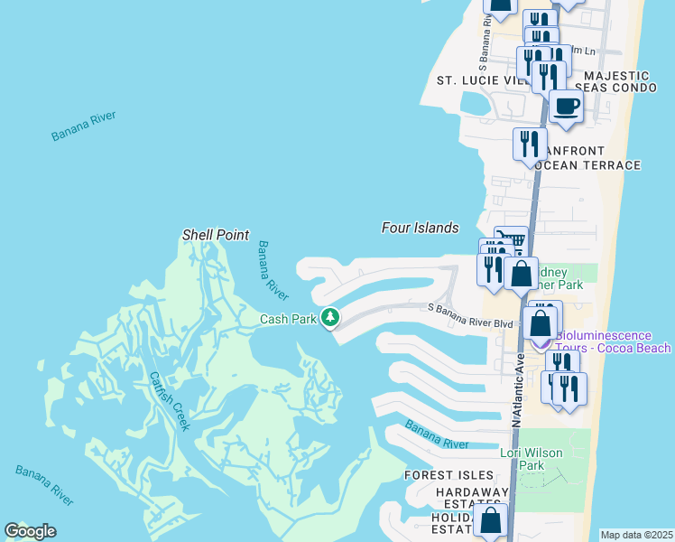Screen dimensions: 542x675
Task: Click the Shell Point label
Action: (x=215, y=235)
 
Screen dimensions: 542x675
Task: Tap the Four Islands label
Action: (x=420, y=229)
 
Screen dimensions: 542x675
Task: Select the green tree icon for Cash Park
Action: (x=331, y=317)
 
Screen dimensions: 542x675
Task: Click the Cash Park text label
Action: (x=288, y=319)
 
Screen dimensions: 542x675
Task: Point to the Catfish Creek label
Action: (x=170, y=401)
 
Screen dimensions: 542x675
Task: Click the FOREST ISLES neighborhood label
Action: (x=448, y=475)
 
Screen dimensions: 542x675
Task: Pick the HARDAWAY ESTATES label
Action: (x=471, y=498)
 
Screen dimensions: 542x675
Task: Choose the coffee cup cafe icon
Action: (x=566, y=106)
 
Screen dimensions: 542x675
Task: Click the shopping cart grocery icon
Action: (x=512, y=240)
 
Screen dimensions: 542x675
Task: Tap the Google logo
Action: (x=30, y=531)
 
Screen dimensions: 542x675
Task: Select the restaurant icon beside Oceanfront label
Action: (x=530, y=143)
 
